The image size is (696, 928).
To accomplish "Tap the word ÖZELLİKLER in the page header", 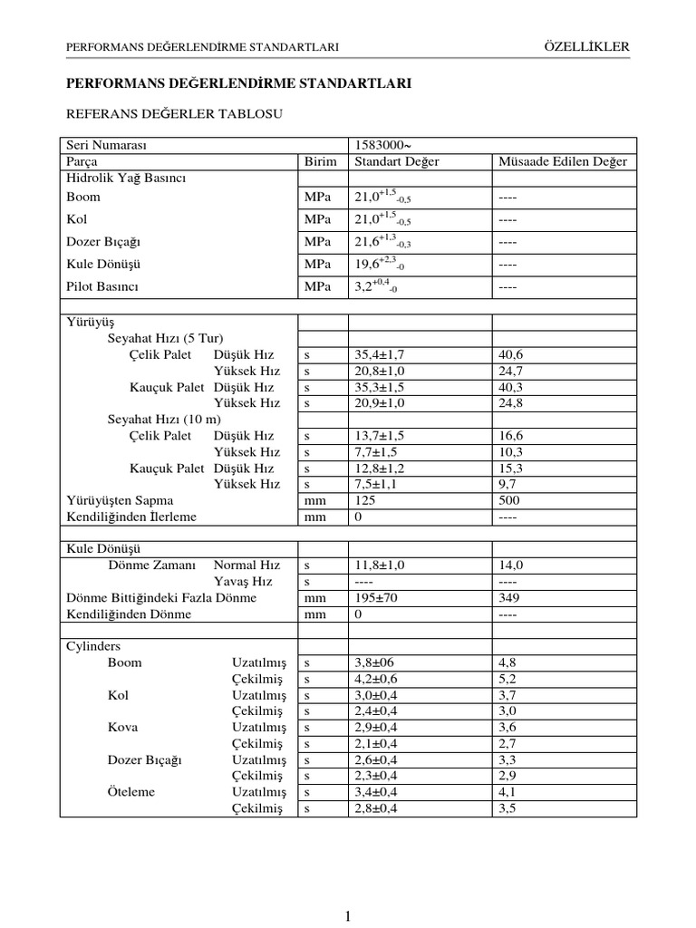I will click(x=587, y=46).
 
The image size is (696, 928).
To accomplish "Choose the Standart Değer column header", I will click(x=397, y=162).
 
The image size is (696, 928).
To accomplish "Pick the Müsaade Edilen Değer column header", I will click(x=562, y=162).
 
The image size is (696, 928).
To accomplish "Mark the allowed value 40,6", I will click(x=511, y=353).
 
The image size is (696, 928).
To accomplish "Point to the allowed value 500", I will click(x=508, y=500).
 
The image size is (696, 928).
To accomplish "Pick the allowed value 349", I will click(x=508, y=598).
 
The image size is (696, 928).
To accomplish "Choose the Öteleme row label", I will click(x=131, y=792).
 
